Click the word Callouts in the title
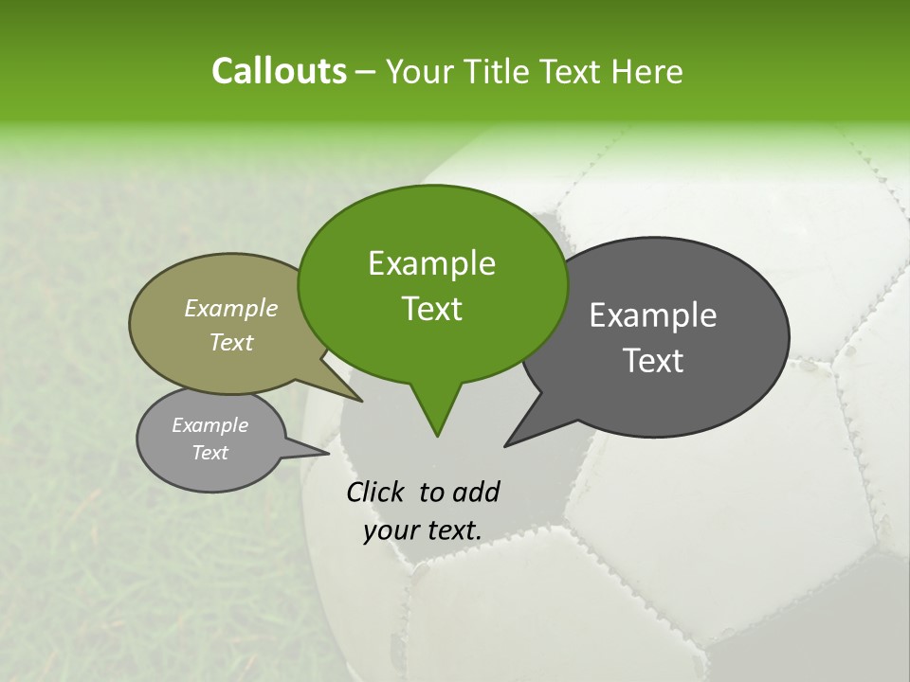279,72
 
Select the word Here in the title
646,72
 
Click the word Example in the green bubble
431,263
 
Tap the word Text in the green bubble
431,309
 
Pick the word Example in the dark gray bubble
653,315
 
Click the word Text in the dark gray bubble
653,361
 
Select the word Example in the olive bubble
231,309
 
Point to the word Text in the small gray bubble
209,453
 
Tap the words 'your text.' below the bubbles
423,531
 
